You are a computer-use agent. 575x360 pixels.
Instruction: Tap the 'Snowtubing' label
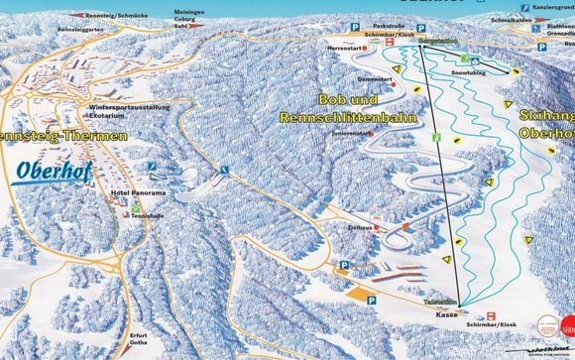coord(466,72)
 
